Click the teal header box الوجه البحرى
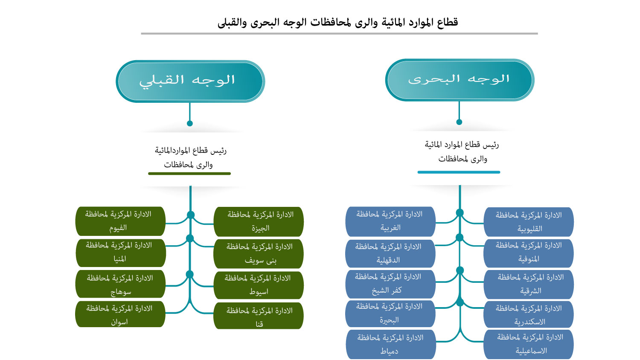point(460,80)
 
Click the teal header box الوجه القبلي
point(190,81)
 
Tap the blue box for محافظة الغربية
point(390,221)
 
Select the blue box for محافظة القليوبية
point(529,222)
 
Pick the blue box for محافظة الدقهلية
point(390,253)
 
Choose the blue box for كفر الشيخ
point(390,284)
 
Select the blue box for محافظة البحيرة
point(390,314)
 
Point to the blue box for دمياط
point(390,344)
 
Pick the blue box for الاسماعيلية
point(529,344)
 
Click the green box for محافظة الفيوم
point(120,221)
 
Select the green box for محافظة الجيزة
point(259,222)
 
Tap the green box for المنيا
point(120,253)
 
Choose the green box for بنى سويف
point(259,254)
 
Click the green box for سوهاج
point(120,284)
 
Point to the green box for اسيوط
point(259,285)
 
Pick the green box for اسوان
point(120,314)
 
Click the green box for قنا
point(259,316)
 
